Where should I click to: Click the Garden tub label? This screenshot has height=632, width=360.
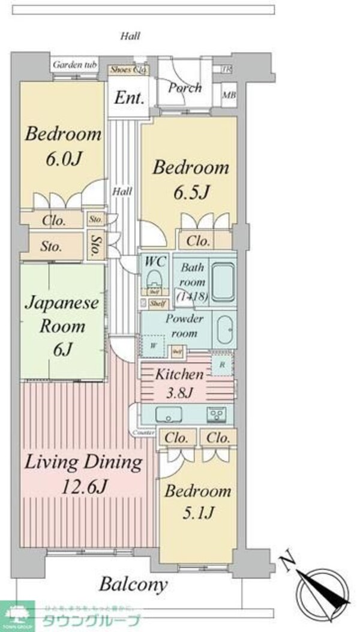click(x=75, y=65)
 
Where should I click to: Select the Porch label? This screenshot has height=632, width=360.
click(x=184, y=88)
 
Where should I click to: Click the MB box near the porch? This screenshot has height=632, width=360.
click(x=229, y=95)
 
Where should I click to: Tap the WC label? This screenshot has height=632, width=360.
click(x=154, y=262)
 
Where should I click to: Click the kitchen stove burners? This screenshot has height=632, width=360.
click(x=217, y=414)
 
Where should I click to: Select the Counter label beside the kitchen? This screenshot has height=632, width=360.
click(x=143, y=432)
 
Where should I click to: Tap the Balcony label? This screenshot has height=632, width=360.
click(x=133, y=583)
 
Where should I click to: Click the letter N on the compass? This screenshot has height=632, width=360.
click(x=290, y=562)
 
